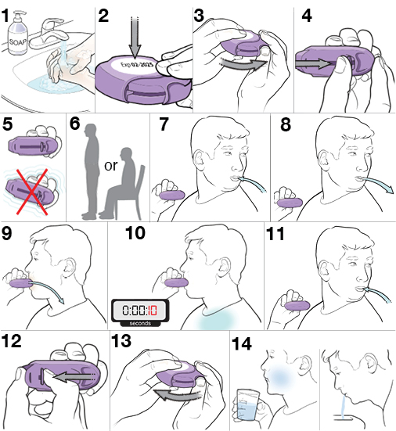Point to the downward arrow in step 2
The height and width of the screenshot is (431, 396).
pyautogui.click(x=125, y=27)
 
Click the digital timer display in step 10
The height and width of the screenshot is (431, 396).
pyautogui.click(x=141, y=310)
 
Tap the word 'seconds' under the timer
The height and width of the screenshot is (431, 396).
pyautogui.click(x=141, y=321)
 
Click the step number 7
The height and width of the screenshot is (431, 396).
pyautogui.click(x=164, y=124)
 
